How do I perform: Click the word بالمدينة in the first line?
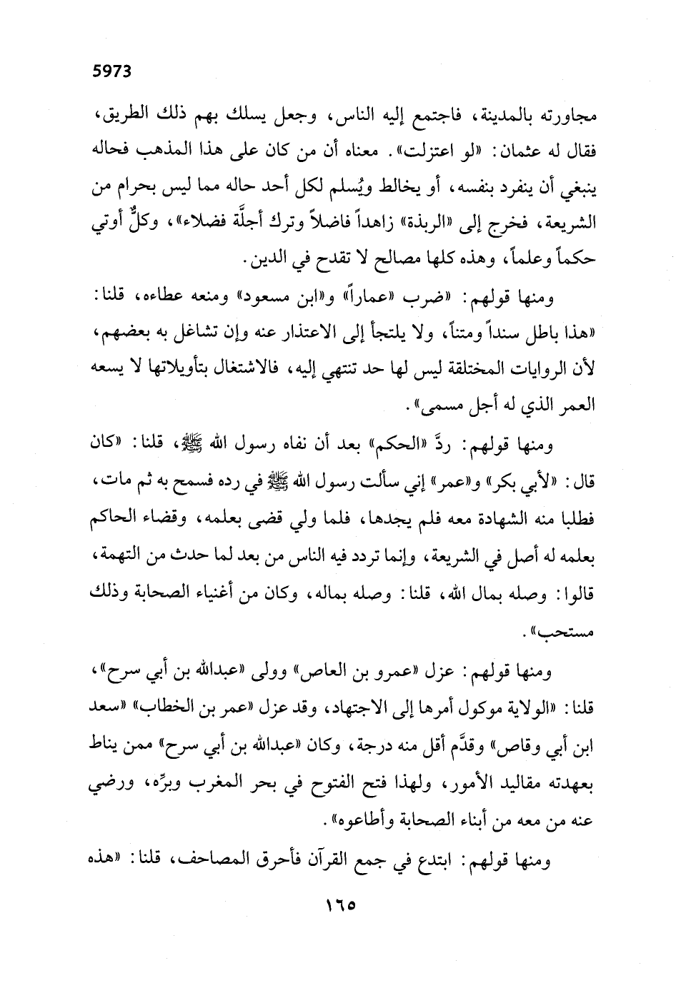[x=500, y=114]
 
